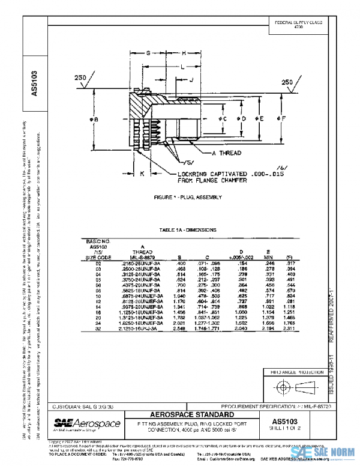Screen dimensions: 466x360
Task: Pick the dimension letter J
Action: point(191,79)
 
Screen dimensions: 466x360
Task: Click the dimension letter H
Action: point(184,53)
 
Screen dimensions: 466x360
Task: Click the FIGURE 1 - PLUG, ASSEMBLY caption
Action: point(188,197)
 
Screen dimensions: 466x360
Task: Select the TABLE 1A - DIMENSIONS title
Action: point(188,230)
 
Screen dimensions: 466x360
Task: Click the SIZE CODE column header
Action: point(97,257)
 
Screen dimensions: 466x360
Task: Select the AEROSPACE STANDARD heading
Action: point(194,415)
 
